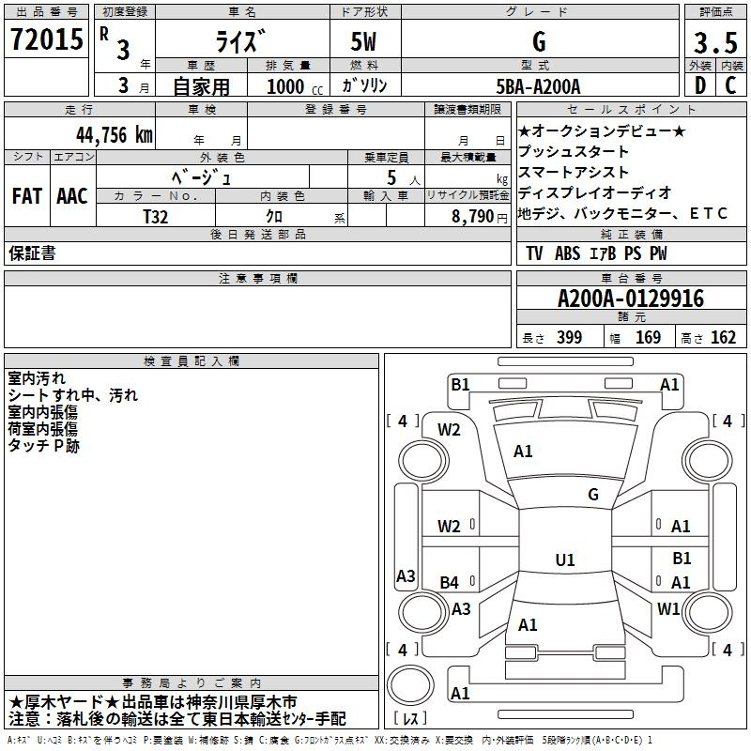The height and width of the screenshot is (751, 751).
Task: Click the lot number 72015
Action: (x=46, y=38)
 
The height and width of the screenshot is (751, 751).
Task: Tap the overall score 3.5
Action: (x=714, y=42)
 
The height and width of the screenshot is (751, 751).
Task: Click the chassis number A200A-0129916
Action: (x=630, y=299)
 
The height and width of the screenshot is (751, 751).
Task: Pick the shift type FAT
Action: (x=27, y=196)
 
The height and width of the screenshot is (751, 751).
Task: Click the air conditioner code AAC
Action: (x=71, y=196)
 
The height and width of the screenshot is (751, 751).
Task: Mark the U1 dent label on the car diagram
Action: (x=564, y=559)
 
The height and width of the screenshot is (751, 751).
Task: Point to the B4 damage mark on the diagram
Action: (x=449, y=583)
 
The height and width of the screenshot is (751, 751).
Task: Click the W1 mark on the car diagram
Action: (x=668, y=608)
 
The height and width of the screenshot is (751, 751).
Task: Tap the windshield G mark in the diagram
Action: (x=593, y=494)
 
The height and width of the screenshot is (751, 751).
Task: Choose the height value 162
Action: (x=723, y=337)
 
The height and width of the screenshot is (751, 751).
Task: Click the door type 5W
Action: (x=354, y=42)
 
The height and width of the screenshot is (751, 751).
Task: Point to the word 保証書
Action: (x=33, y=253)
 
